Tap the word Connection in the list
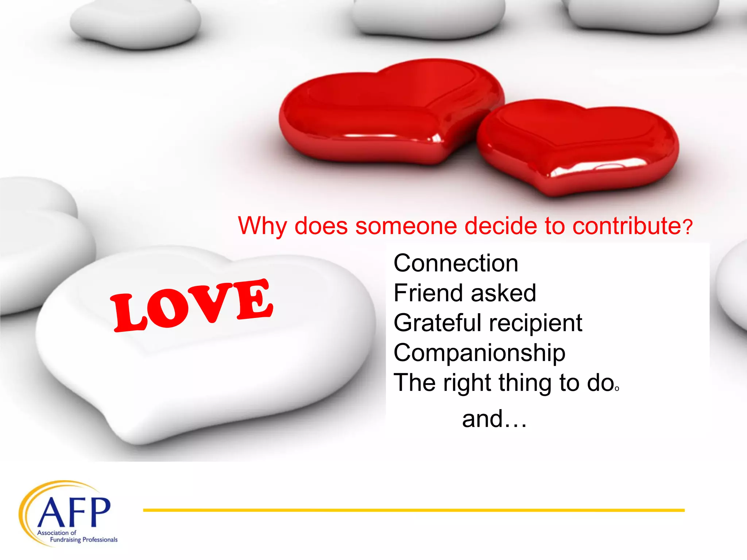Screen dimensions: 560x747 click(456, 263)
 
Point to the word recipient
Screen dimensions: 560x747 click(535, 323)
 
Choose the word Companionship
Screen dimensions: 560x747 click(479, 353)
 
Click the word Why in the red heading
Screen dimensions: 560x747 click(262, 226)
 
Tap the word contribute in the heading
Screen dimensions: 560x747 click(626, 226)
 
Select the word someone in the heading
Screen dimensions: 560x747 click(406, 226)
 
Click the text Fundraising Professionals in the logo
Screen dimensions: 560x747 click(84, 540)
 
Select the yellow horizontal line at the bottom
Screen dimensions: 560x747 click(414, 510)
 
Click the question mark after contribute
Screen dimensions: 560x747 click(688, 227)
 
